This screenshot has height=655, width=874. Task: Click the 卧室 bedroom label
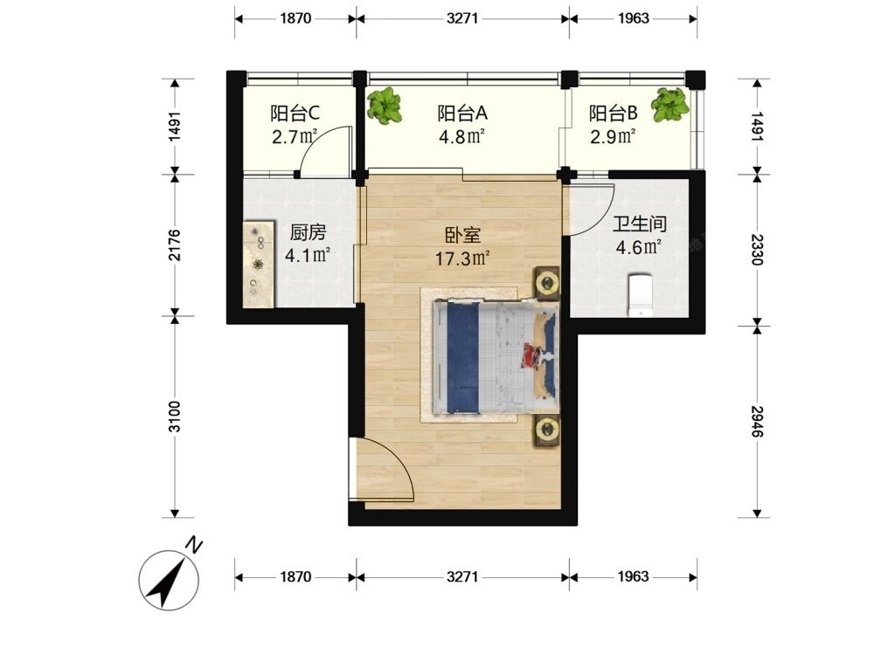pyautogui.click(x=462, y=235)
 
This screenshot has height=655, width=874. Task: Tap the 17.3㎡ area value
pyautogui.click(x=462, y=259)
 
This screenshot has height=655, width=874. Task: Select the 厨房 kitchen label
pyautogui.click(x=308, y=232)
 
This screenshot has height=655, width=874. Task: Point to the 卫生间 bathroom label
pyautogui.click(x=640, y=224)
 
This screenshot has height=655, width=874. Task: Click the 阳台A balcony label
pyautogui.click(x=462, y=113)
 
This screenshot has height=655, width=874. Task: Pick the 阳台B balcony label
pyautogui.click(x=614, y=113)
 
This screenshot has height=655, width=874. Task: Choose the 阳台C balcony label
pyautogui.click(x=295, y=113)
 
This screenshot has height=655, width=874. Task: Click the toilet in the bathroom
pyautogui.click(x=640, y=294)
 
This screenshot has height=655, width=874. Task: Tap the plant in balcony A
pyautogui.click(x=385, y=106)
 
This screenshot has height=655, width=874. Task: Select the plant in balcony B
pyautogui.click(x=671, y=105)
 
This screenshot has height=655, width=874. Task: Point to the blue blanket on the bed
pyautogui.click(x=464, y=358)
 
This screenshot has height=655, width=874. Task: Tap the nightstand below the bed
pyautogui.click(x=548, y=430)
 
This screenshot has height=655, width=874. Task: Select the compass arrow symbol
pyautogui.click(x=169, y=581)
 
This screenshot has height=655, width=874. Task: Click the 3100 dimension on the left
pyautogui.click(x=175, y=416)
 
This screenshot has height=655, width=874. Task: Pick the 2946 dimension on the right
pyautogui.click(x=757, y=422)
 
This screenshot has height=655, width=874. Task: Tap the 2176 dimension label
pyautogui.click(x=175, y=245)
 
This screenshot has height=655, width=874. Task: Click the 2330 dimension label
pyautogui.click(x=757, y=250)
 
